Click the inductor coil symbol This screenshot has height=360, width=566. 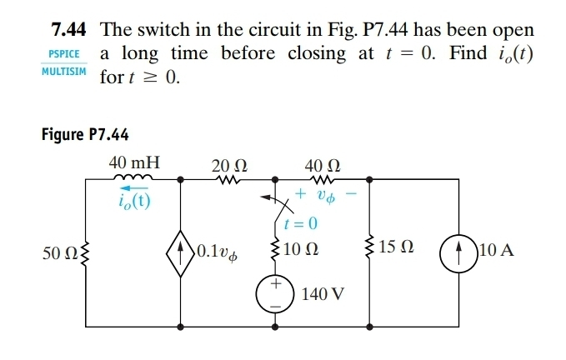coord(133,177)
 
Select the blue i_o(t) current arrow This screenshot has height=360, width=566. coord(131,189)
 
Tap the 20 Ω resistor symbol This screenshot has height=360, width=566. coord(227,177)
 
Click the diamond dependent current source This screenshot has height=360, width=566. coord(182,249)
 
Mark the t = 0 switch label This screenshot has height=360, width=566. coord(299,223)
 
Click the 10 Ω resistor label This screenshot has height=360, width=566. coord(303,249)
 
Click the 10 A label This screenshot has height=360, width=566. coord(497,249)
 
